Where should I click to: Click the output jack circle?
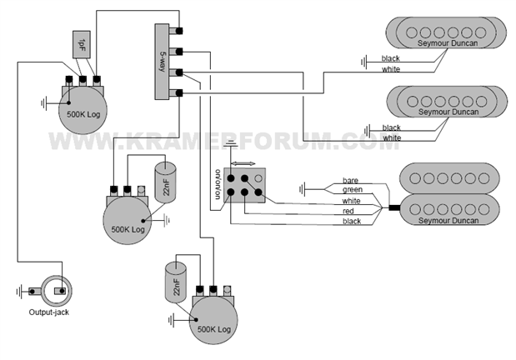tap(58, 291)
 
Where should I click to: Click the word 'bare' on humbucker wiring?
tap(350, 181)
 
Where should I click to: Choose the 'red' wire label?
tap(348, 212)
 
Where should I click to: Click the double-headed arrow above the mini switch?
tap(243, 164)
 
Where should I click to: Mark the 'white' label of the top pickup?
tap(391, 69)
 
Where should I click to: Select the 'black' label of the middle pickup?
tap(391, 127)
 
